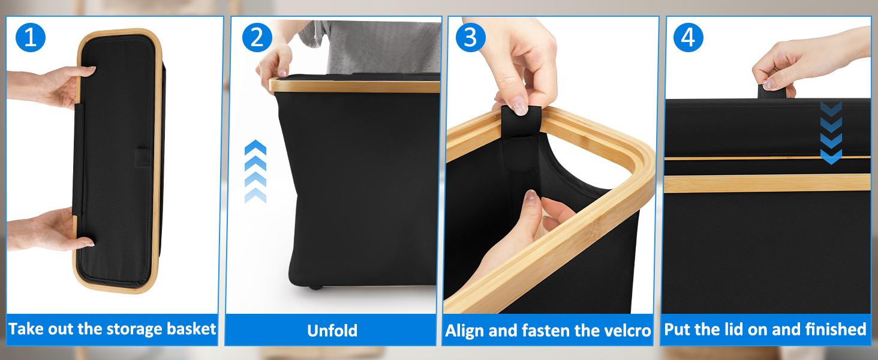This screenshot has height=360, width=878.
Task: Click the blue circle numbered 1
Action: (31, 37)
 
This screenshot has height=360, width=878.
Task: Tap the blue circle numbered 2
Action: (257, 37)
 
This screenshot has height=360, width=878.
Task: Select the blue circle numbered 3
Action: (470, 37)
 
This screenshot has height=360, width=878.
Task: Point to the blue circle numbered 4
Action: (688, 37)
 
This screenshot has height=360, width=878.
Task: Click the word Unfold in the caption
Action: (332, 331)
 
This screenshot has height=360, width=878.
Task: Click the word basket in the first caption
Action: (191, 329)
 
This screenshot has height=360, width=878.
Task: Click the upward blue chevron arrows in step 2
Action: (255, 172)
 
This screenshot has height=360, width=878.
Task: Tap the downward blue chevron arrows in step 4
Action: (831, 133)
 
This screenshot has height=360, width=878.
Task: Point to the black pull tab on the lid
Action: (771, 91)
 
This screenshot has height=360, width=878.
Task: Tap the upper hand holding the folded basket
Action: (51, 87)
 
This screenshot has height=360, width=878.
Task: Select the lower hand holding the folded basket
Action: (51, 229)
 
